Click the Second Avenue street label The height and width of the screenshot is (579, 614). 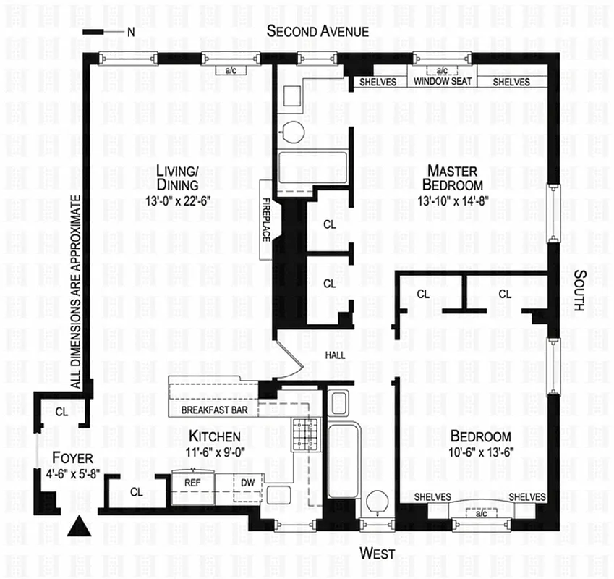tap(317, 30)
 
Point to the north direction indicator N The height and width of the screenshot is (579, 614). tap(131, 32)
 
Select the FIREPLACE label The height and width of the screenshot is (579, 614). tap(265, 220)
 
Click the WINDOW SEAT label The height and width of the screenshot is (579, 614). tap(442, 82)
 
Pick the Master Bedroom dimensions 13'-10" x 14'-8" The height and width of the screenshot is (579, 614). tap(452, 203)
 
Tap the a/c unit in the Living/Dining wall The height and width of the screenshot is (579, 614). tap(231, 70)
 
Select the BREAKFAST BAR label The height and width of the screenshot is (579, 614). tap(210, 410)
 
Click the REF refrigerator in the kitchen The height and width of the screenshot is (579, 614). tap(192, 482)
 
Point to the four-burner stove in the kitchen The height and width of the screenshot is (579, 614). tap(304, 434)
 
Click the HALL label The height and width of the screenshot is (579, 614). tap(335, 356)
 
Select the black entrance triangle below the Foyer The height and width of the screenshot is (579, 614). tap(80, 528)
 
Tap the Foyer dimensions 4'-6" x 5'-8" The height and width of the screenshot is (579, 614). tap(67, 474)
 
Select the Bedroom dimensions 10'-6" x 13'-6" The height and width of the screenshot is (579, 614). tap(480, 454)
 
